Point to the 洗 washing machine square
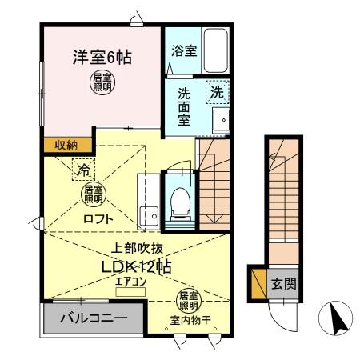(217, 92)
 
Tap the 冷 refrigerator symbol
(82, 169)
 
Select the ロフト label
(98, 218)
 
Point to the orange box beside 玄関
(258, 284)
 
